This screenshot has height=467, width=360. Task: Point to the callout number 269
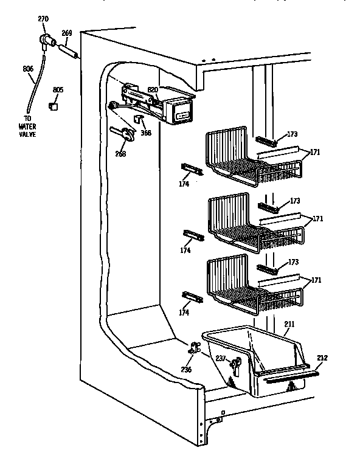tap(67, 33)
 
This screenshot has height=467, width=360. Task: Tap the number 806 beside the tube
tap(28, 69)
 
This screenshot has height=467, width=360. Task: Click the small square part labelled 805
tap(54, 106)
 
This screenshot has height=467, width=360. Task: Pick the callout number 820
tap(153, 89)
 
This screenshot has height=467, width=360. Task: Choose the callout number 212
tap(322, 358)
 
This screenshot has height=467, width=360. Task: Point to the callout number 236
tap(187, 369)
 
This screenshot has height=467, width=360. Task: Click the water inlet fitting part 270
tap(46, 41)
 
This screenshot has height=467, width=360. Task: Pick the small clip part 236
tap(195, 349)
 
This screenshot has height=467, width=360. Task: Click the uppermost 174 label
tap(184, 183)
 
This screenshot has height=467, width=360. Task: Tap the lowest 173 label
tap(294, 262)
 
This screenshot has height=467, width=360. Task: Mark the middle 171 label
tap(317, 218)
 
